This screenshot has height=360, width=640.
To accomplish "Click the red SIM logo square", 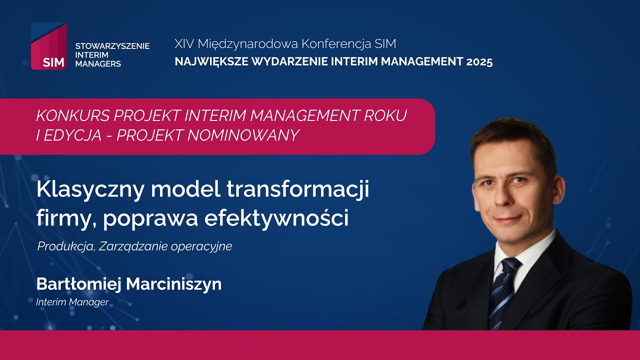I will [x=48, y=46].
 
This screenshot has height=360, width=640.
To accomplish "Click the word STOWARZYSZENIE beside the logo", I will [x=112, y=46].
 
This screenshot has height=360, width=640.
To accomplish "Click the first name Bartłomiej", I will [x=78, y=284].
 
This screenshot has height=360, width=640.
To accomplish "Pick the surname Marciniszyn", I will [x=173, y=284].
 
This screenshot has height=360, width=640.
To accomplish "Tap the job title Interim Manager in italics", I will [x=72, y=302].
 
